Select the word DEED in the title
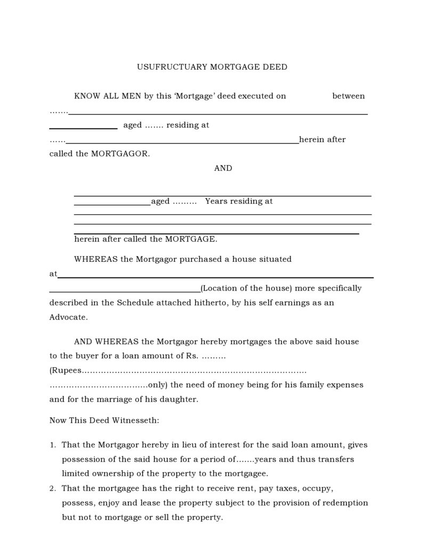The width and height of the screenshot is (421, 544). click(x=275, y=67)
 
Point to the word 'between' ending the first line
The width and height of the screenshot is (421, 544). click(x=349, y=96)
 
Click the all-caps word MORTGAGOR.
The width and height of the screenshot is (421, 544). click(x=120, y=154)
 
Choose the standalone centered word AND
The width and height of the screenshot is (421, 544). click(x=223, y=168)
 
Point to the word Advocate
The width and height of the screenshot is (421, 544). click(x=68, y=317)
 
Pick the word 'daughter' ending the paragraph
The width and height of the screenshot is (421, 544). click(x=180, y=399)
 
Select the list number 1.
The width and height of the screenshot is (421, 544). click(x=52, y=444)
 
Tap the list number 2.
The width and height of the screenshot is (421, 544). click(x=52, y=488)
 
